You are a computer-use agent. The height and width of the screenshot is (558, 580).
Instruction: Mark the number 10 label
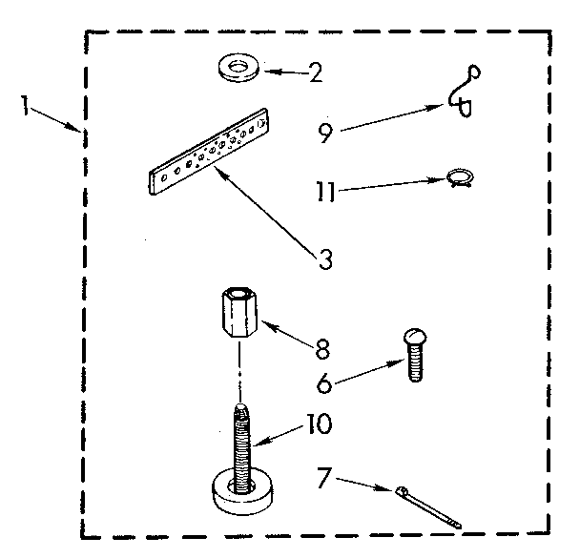click(x=319, y=422)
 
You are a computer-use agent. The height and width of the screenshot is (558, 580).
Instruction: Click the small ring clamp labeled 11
click(x=460, y=177)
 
